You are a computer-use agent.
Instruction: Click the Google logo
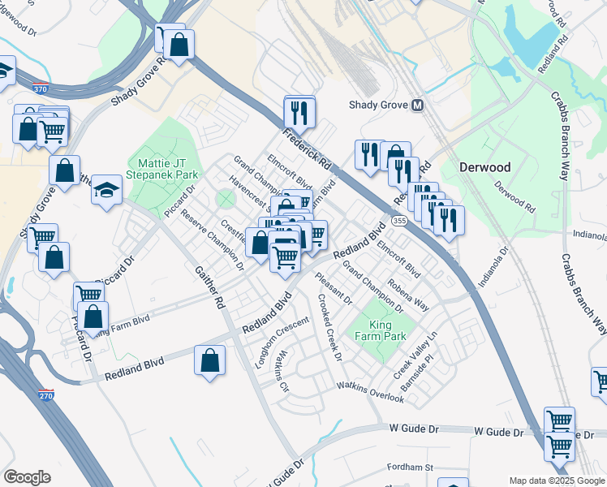pos(26,477)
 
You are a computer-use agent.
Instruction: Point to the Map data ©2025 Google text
pos(557,481)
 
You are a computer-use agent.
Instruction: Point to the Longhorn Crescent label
pos(282,342)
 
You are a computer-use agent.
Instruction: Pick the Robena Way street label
pos(408,293)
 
